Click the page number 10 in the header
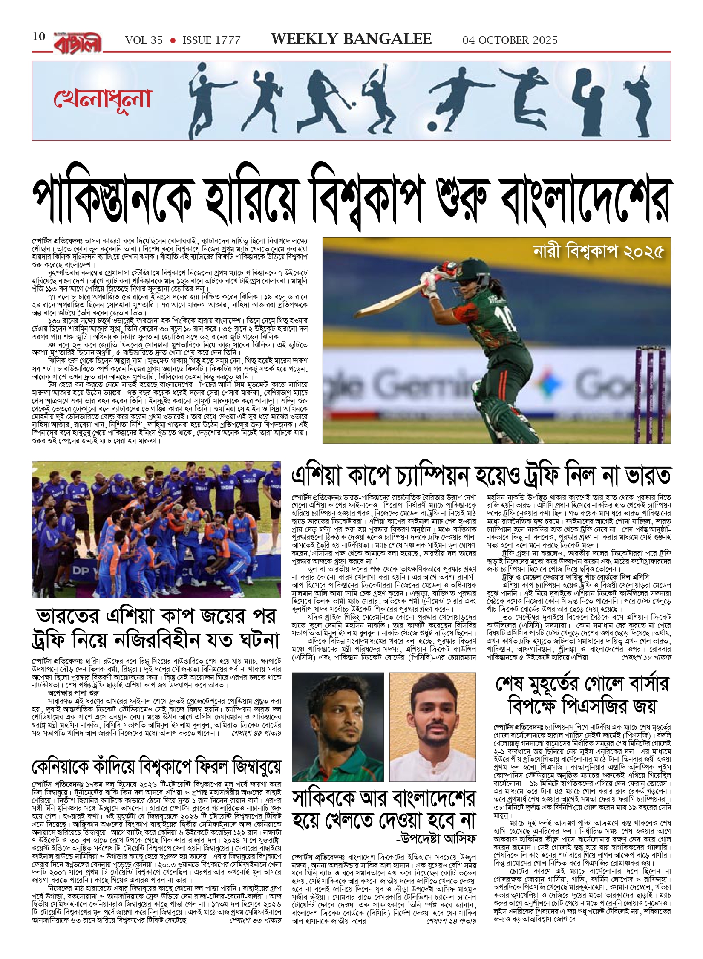pyautogui.click(x=39, y=37)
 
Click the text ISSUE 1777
pyautogui.click(x=211, y=40)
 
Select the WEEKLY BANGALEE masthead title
pyautogui.click(x=351, y=39)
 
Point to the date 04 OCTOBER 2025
pyautogui.click(x=510, y=40)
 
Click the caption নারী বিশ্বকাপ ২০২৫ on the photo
pyautogui.click(x=598, y=252)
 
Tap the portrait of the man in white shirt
pyautogui.click(x=432, y=726)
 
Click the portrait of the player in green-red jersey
pyautogui.click(x=337, y=726)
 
